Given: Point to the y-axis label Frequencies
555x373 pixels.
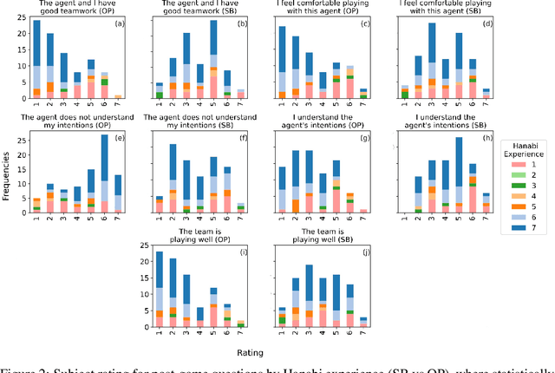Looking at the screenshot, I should pyautogui.click(x=7, y=185).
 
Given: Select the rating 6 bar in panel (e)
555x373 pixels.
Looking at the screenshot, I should pyautogui.click(x=105, y=173).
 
